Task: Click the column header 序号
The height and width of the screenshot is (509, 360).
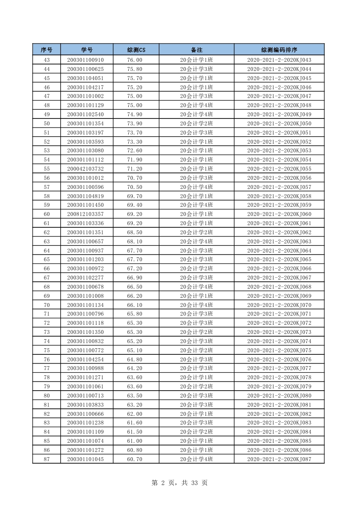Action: click(x=47, y=50)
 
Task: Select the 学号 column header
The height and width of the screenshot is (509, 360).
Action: click(x=87, y=50)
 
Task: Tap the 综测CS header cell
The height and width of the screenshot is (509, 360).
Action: click(x=136, y=50)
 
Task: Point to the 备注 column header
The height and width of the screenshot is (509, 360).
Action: click(x=196, y=50)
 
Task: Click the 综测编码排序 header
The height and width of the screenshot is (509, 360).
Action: click(x=279, y=50)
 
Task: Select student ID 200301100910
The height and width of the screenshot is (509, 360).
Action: click(x=85, y=60)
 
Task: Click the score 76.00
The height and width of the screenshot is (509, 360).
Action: click(x=135, y=60)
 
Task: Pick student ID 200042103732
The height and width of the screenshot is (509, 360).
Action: click(x=85, y=169)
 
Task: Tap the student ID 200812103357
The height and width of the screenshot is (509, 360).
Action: click(x=85, y=214)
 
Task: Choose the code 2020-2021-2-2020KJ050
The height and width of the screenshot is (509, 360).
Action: click(x=279, y=124)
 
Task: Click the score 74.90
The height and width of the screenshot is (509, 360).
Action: click(x=135, y=115)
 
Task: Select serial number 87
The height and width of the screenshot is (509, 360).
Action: click(x=47, y=459)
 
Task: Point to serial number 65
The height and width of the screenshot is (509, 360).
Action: click(x=47, y=260)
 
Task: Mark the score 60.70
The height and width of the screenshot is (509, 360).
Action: click(x=135, y=459)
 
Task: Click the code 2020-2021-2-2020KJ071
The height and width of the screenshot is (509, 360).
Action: click(x=279, y=314)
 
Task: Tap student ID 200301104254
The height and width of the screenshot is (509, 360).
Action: click(x=85, y=359)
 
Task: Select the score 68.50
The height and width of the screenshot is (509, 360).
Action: click(x=135, y=233)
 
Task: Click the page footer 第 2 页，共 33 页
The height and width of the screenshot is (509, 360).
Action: click(x=179, y=483)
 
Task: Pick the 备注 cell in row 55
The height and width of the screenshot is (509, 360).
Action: click(x=196, y=169)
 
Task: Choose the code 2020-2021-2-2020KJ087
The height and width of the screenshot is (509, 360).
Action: click(x=279, y=459)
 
